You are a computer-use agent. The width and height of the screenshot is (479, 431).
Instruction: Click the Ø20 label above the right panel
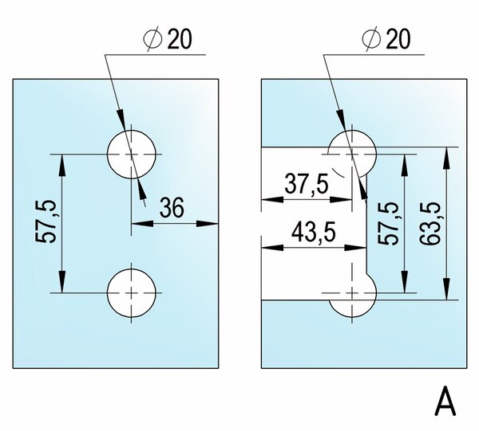[386, 39]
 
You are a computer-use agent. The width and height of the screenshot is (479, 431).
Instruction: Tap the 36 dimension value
[172, 209]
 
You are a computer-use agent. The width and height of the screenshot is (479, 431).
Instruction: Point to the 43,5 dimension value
[314, 232]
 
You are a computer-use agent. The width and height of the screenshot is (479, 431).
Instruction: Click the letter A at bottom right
[446, 402]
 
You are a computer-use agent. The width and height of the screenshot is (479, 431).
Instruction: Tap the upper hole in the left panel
[132, 154]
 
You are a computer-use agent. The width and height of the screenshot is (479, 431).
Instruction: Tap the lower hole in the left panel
[132, 292]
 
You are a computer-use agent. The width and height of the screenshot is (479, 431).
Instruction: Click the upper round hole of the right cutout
[351, 152]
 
